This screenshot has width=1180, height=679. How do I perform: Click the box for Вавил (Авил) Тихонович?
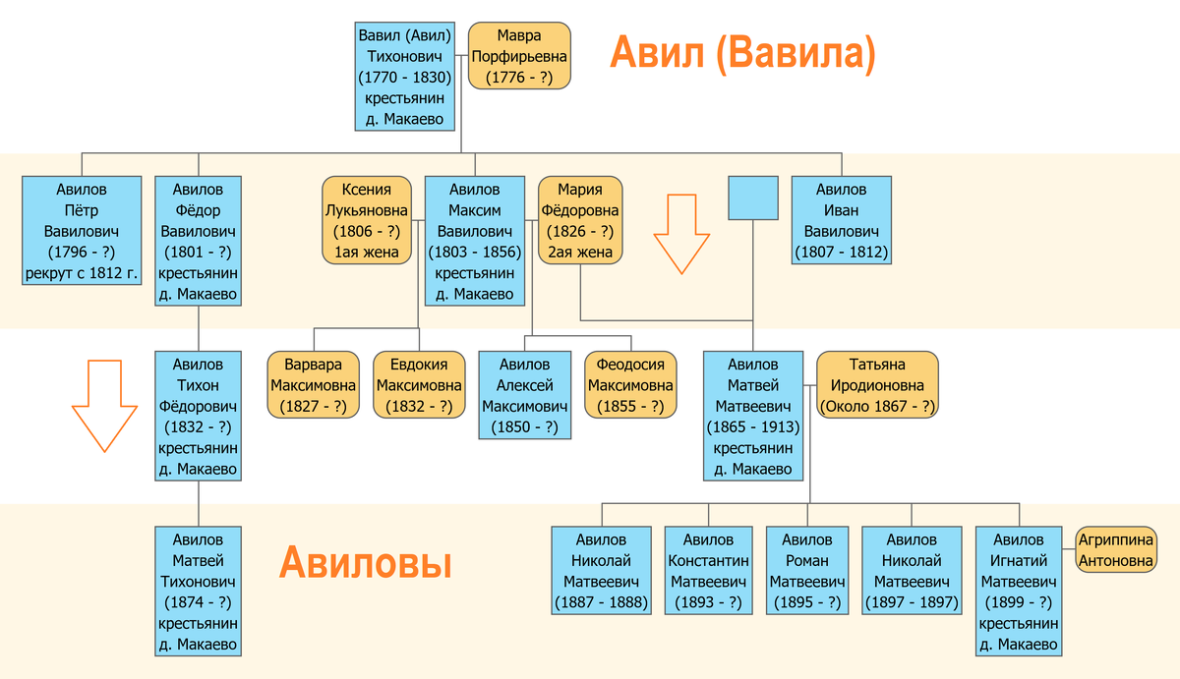pyautogui.click(x=404, y=77)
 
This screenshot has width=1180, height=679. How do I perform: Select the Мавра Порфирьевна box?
pyautogui.click(x=519, y=56)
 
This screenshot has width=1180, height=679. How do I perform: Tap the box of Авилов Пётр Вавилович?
pyautogui.click(x=82, y=231)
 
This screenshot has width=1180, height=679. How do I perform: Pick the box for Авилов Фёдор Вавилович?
pyautogui.click(x=198, y=241)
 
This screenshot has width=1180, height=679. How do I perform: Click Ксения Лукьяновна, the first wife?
pyautogui.click(x=366, y=220)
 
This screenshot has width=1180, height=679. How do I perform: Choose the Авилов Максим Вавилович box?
pyautogui.click(x=474, y=241)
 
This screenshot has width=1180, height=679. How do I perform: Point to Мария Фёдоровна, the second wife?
pyautogui.click(x=580, y=220)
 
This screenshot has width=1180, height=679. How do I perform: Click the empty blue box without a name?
pyautogui.click(x=753, y=198)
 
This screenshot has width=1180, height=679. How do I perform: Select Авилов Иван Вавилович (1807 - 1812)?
pyautogui.click(x=841, y=220)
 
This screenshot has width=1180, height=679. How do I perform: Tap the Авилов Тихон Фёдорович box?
pyautogui.click(x=198, y=417)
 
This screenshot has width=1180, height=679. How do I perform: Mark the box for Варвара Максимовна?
pyautogui.click(x=314, y=384)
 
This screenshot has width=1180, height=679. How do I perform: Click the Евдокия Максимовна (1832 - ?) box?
pyautogui.click(x=419, y=384)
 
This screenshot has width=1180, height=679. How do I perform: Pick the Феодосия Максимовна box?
pyautogui.click(x=630, y=384)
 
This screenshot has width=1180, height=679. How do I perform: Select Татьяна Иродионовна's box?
pyautogui.click(x=877, y=384)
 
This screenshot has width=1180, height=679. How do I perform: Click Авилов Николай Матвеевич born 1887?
pyautogui.click(x=601, y=571)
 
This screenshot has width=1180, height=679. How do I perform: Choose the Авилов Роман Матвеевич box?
pyautogui.click(x=807, y=571)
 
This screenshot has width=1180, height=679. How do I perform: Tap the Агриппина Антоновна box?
pyautogui.click(x=1115, y=550)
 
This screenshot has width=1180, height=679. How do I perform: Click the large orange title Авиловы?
pyautogui.click(x=365, y=564)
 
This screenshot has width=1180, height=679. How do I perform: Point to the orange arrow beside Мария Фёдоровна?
pyautogui.click(x=683, y=233)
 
